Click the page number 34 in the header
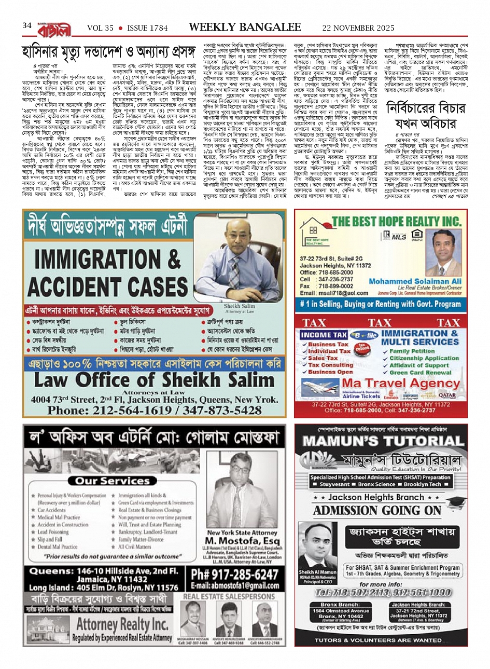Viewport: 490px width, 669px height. click(27, 26)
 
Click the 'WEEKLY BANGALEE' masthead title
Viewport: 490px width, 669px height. click(244, 27)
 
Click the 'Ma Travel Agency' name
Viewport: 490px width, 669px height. click(401, 384)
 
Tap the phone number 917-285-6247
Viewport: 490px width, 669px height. click(234, 575)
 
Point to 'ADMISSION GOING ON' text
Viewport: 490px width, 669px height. click(377, 511)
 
